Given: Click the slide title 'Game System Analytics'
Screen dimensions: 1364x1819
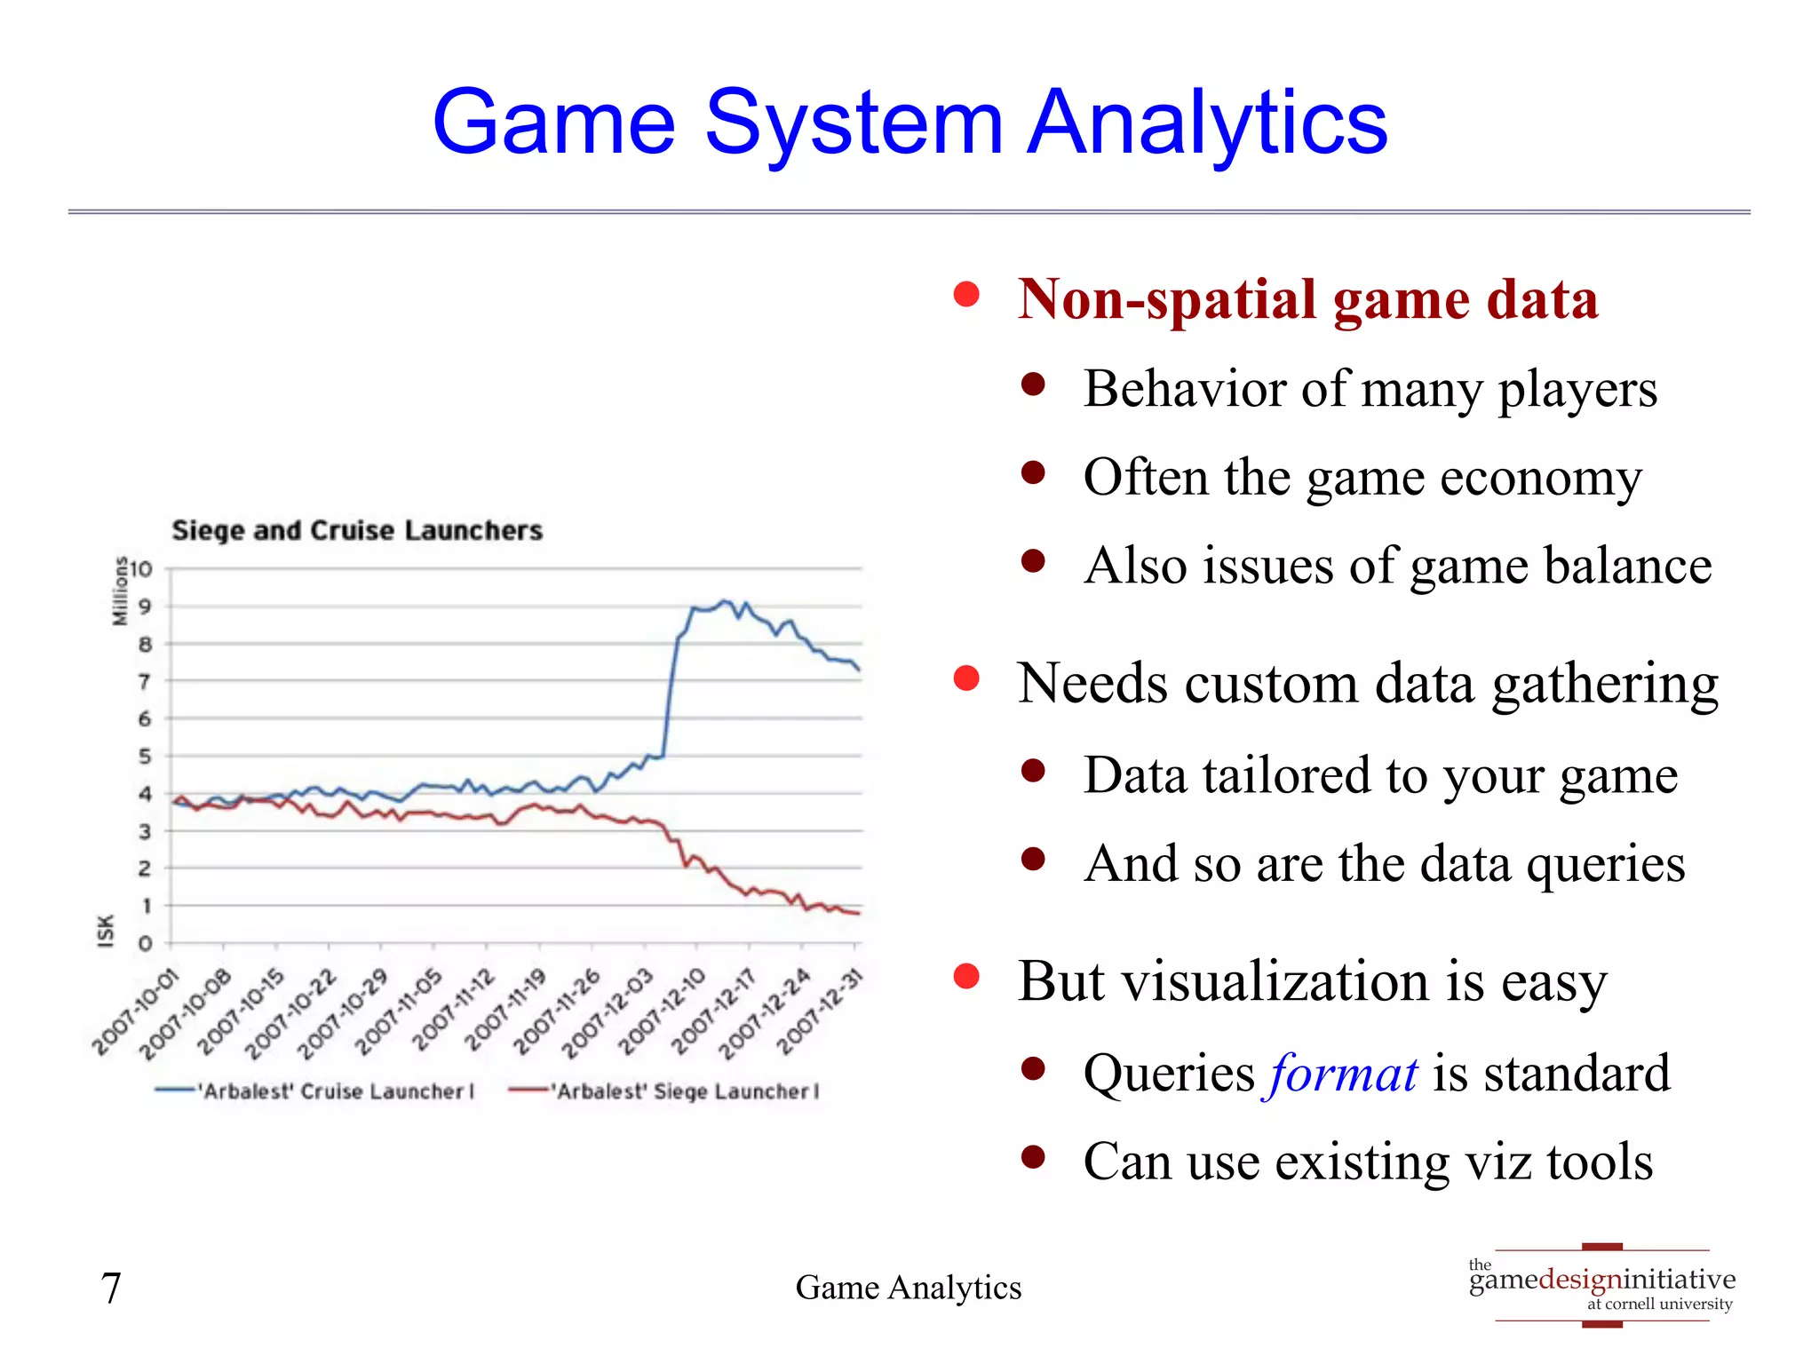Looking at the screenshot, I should (909, 123).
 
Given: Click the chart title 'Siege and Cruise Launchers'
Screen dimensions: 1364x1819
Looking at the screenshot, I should (356, 530).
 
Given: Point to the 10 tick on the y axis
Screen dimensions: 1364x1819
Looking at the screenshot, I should (142, 568).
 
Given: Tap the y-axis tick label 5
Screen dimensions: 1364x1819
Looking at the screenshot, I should (145, 756).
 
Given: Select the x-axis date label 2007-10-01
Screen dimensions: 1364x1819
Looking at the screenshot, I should (136, 1013).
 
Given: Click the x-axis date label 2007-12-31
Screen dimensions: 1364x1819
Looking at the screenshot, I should (820, 1012).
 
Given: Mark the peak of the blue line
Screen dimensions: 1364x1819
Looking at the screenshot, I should (725, 601).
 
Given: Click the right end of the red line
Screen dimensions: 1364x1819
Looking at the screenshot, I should (857, 913).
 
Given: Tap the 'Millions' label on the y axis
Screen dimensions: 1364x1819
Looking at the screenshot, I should (119, 591).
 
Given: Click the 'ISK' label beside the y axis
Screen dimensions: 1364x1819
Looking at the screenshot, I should (106, 931).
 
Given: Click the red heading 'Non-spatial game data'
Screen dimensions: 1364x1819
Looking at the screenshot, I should (1307, 298).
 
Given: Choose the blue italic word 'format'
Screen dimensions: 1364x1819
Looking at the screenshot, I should (1342, 1073).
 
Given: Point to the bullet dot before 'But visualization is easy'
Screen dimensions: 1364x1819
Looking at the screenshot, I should (965, 976).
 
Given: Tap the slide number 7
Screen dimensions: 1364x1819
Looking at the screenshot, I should (111, 1287).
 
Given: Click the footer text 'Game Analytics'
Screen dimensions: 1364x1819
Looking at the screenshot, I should (908, 1287).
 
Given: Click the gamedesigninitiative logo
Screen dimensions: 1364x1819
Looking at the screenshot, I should (1601, 1286).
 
